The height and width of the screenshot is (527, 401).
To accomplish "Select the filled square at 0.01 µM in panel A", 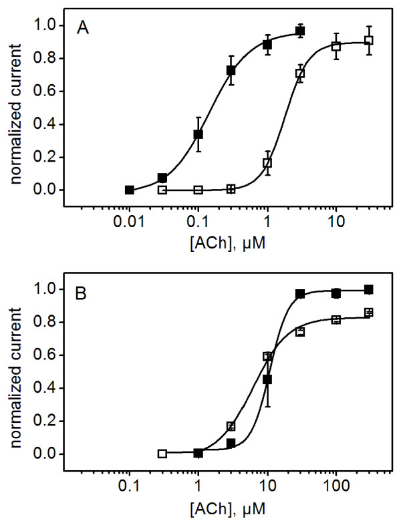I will pyautogui.click(x=130, y=190).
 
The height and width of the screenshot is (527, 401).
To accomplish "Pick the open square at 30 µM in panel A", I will pyautogui.click(x=368, y=40).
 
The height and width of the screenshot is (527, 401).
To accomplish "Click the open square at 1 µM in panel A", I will pyautogui.click(x=267, y=162).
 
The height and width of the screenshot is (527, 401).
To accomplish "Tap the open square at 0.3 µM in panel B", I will pyautogui.click(x=162, y=454).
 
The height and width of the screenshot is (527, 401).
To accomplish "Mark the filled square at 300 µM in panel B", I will pyautogui.click(x=368, y=289).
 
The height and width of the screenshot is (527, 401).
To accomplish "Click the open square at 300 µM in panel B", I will pyautogui.click(x=368, y=312).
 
